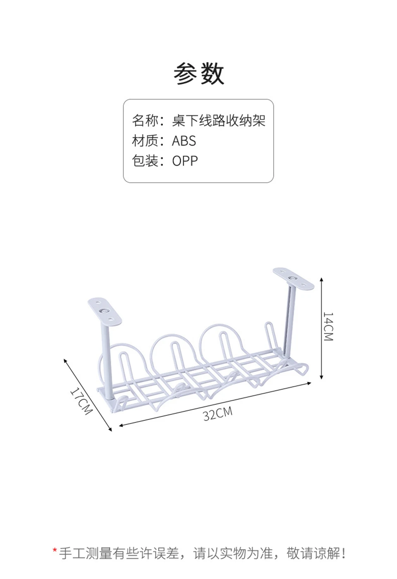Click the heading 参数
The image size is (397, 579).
pyautogui.click(x=198, y=74)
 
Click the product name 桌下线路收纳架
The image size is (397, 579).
pyautogui.click(x=218, y=121)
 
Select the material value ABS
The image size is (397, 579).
pyautogui.click(x=184, y=141)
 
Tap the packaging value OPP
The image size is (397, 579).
pyautogui.click(x=185, y=161)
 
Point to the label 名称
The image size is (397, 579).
pyautogui.click(x=145, y=121)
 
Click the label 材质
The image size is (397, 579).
pyautogui.click(x=145, y=141)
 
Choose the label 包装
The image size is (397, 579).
pyautogui.click(x=145, y=161)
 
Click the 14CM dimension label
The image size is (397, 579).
pyautogui.click(x=328, y=327)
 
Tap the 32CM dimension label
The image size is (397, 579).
pyautogui.click(x=218, y=414)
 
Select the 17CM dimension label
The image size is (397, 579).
pyautogui.click(x=81, y=401)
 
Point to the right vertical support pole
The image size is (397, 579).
pyautogui.click(x=288, y=323)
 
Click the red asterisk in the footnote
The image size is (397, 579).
pyautogui.click(x=55, y=552)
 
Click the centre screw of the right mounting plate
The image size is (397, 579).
pyautogui.click(x=294, y=278)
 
